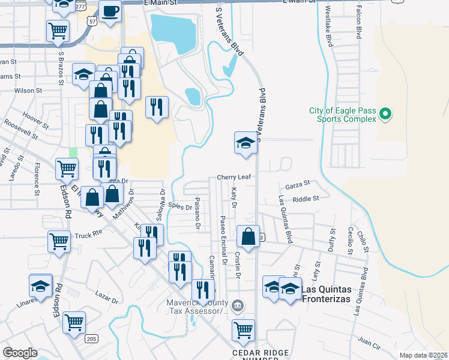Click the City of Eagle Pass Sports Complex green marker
point(387,113)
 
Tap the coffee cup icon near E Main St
point(110,11)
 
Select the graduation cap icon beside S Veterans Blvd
point(246,143)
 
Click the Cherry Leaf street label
point(233,178)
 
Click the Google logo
point(20,353)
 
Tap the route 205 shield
point(91,339)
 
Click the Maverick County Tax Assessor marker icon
point(238,307)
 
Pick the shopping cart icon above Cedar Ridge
point(243,329)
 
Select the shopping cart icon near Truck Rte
point(59,242)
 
